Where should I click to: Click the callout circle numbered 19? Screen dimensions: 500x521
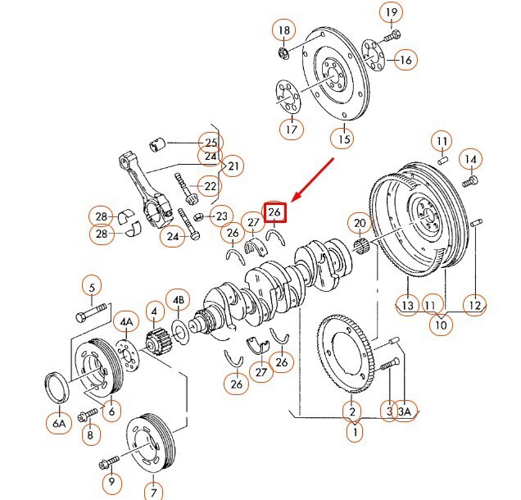392,12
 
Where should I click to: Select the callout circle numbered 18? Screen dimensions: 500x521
284,31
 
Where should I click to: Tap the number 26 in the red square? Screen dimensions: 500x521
275,211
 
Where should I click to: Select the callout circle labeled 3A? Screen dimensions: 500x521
404,411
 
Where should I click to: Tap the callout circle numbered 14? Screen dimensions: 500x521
470,158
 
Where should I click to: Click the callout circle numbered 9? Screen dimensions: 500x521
112,482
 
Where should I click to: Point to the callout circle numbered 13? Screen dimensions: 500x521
408,305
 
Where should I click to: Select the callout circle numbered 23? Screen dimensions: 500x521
220,217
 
